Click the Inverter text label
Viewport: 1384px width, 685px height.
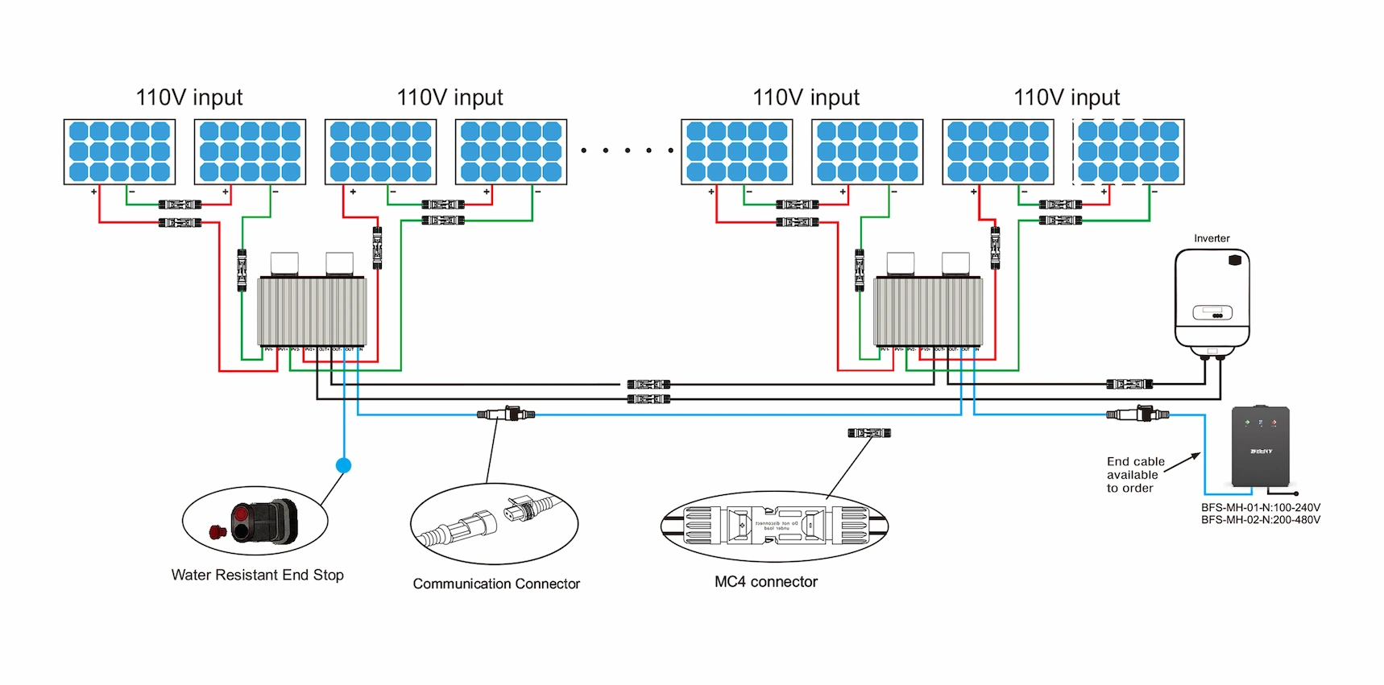1211,238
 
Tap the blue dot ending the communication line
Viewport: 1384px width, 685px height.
343,465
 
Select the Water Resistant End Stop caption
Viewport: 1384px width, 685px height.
257,575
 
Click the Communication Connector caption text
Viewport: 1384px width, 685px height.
496,584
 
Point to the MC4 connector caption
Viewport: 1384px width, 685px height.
765,581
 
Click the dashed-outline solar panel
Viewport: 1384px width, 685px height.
1128,151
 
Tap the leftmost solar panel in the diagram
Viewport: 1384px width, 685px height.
120,151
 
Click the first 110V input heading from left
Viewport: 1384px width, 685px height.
189,97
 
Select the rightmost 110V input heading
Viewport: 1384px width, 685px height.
1067,97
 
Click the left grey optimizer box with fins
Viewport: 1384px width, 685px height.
312,312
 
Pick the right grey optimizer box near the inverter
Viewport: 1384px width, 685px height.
928,312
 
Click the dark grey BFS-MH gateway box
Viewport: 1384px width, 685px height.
1260,448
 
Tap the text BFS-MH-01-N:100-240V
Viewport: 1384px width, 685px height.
1260,508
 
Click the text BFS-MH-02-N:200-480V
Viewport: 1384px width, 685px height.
1260,520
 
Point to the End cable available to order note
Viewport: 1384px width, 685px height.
1135,475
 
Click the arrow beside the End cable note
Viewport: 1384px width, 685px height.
1183,462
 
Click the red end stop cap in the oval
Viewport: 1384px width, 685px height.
216,531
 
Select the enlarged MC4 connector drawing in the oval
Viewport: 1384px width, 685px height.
773,526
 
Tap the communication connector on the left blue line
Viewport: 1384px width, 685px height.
506,414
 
